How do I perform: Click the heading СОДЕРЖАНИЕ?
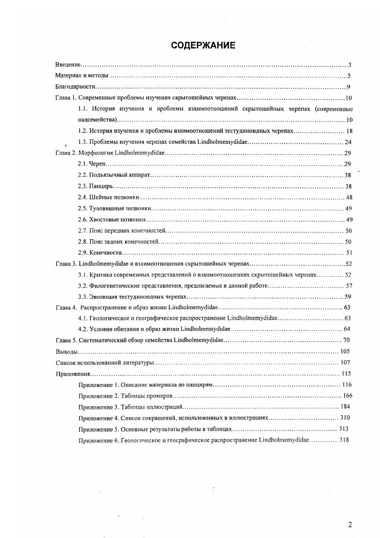coord(203,46)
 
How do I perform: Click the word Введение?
coord(68,65)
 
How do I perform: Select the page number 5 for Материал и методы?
coord(350,76)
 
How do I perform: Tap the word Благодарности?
coord(75,87)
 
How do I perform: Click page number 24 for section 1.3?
coord(348,142)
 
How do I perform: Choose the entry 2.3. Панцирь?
coord(95,186)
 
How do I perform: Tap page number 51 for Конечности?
coord(349,253)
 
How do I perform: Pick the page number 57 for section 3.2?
coord(349,286)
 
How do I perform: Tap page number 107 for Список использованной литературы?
coord(345,363)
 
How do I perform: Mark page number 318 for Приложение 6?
coord(344,440)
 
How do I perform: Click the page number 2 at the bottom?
coord(350,524)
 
